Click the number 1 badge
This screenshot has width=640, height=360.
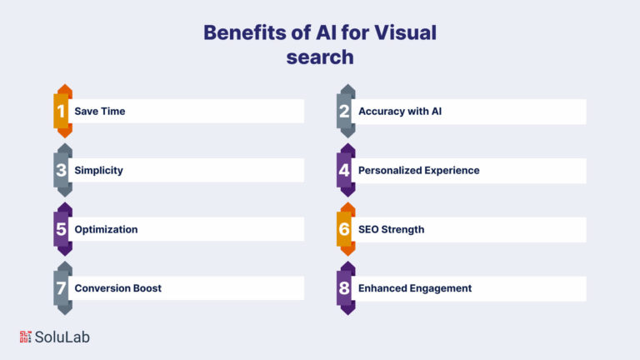[62, 111]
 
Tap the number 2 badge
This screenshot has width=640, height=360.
[346, 111]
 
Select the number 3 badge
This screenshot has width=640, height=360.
[62, 170]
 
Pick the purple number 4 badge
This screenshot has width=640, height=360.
[346, 170]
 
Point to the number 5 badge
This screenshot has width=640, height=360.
[62, 229]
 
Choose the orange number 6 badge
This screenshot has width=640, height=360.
[346, 229]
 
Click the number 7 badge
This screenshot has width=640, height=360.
[62, 288]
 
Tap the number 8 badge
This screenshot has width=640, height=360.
[346, 288]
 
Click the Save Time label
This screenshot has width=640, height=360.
[100, 111]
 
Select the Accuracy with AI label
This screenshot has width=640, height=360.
[400, 111]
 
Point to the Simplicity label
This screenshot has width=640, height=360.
[98, 170]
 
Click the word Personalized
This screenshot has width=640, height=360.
[387, 170]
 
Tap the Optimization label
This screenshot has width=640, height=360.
[106, 229]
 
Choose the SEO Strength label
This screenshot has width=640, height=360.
[391, 229]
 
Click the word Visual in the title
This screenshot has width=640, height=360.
[405, 32]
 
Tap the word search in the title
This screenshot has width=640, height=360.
[320, 57]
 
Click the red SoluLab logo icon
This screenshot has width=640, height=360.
[25, 337]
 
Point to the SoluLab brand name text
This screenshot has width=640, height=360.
[62, 337]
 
